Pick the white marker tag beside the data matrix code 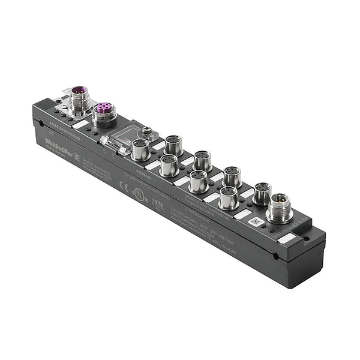click(242, 214)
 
